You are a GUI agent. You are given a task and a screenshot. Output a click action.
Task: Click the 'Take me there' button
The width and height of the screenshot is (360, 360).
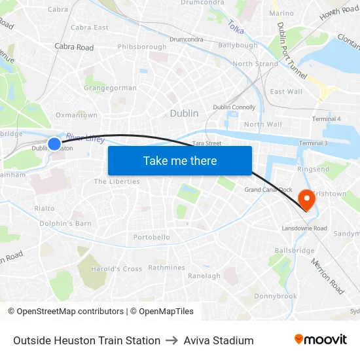point(180,160)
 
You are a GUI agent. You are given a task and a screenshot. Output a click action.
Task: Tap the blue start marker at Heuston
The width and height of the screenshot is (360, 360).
point(54,143)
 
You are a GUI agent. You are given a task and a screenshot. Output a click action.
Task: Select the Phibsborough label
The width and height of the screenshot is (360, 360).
point(142,47)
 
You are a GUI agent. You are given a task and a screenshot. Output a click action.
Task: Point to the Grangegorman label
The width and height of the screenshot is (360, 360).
point(111,88)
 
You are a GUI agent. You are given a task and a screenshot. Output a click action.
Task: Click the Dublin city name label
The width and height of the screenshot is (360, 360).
point(184,113)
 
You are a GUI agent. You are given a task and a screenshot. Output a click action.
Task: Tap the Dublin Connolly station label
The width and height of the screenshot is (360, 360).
point(234,107)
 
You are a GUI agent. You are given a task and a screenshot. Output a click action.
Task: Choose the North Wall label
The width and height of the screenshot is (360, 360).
point(262,124)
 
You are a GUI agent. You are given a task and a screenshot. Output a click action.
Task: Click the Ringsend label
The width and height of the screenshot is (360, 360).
point(314,169)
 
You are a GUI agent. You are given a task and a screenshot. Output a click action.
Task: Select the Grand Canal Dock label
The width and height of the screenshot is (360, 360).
point(268,190)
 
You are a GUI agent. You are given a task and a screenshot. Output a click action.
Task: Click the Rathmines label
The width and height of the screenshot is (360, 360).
point(166,268)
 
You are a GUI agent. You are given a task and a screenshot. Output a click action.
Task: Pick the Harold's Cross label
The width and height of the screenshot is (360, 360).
point(117,269)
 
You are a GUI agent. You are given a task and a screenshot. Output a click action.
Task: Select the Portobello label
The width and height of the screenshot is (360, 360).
point(152,237)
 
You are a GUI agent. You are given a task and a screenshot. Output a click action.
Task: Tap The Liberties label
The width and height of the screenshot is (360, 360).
point(117,181)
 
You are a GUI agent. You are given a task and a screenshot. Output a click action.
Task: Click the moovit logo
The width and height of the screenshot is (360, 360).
point(321,340)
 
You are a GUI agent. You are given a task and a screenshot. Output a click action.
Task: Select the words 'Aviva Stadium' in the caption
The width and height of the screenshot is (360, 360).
point(219,340)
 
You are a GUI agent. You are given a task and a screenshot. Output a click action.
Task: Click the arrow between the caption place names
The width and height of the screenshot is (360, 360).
point(172,340)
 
